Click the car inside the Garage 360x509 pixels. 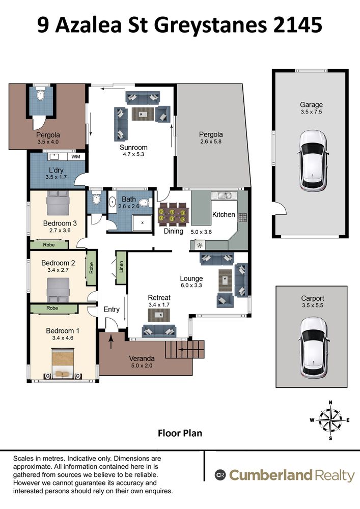312,161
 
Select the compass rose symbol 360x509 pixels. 330,420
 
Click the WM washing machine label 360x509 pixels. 76,157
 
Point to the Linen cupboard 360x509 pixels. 121,267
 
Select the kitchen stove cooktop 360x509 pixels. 242,217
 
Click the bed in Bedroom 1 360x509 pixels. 63,363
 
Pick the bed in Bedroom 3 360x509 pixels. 58,203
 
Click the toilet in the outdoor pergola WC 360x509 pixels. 41,95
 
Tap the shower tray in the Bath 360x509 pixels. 142,223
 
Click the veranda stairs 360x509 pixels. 185,349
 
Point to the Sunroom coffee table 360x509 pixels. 143,114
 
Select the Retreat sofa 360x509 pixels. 159,331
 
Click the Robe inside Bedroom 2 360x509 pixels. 91,268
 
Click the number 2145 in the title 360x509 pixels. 297,25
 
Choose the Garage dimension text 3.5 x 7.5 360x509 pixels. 311,111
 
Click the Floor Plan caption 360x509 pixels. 180,433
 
